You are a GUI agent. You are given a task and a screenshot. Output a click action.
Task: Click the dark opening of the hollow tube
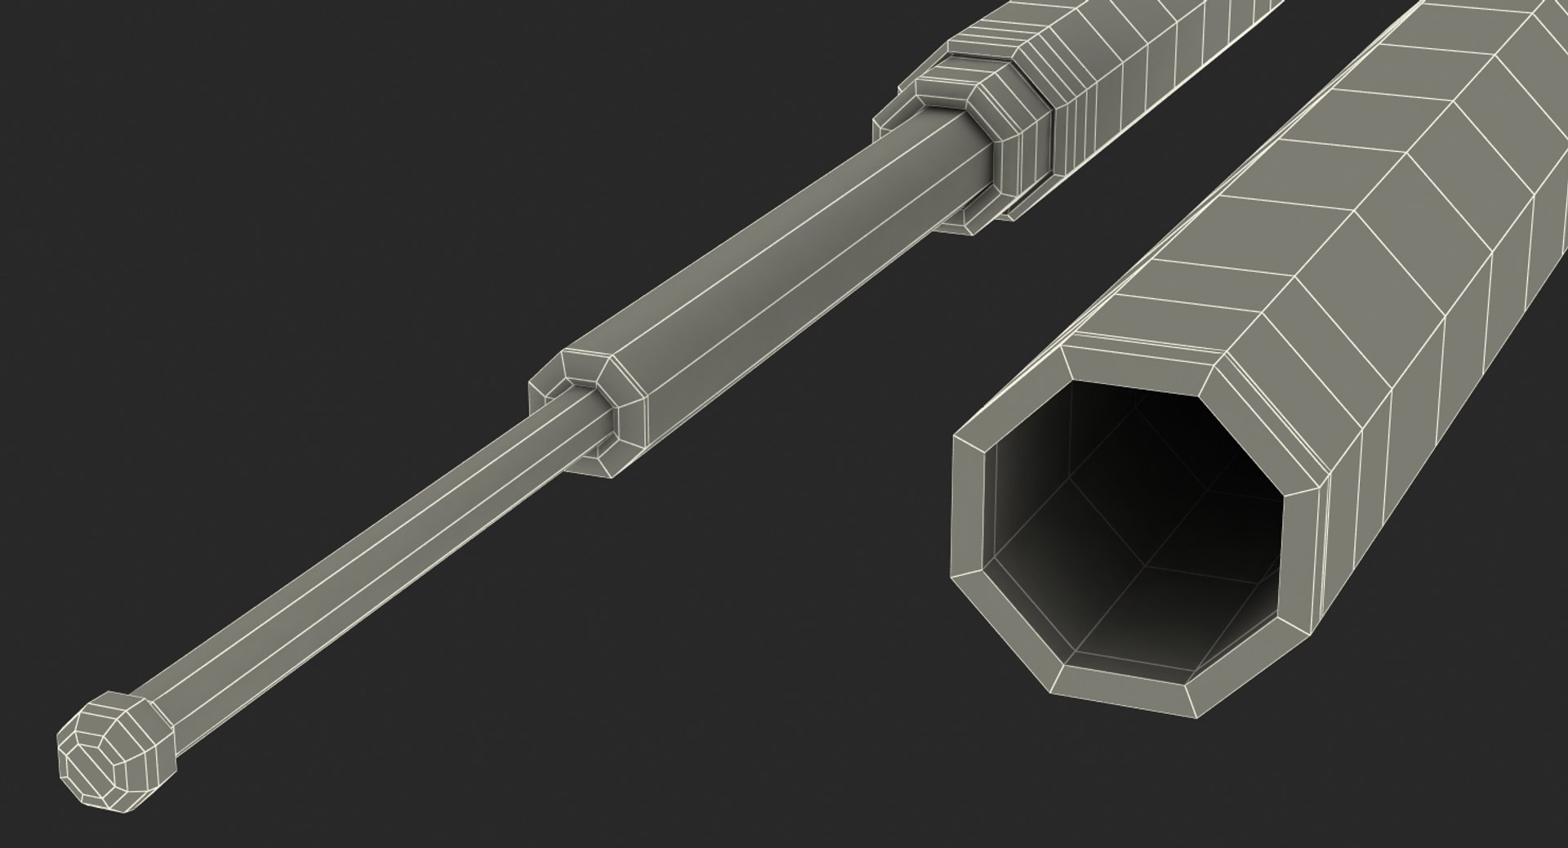click(x=1135, y=523)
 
